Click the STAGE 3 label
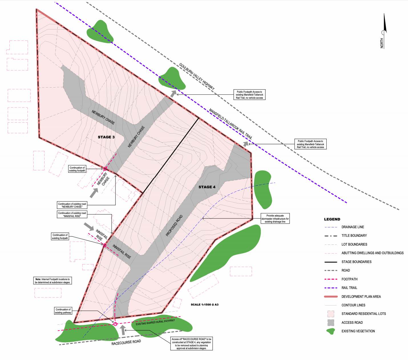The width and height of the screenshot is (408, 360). pos(106,137)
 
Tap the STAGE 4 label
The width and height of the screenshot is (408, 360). pos(207,187)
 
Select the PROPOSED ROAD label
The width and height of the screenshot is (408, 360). pos(174,225)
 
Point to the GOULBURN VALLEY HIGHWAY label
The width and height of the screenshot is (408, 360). pos(197,76)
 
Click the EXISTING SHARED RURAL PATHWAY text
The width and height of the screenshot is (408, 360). pos(155,322)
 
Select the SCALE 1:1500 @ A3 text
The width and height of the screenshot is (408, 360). pos(205,305)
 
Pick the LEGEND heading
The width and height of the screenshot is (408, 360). pos(332,219)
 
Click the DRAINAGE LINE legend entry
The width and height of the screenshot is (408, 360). pos(353,227)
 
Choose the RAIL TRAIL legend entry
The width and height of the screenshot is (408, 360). pos(349,288)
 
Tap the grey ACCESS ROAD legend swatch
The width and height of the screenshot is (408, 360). pos(331,323)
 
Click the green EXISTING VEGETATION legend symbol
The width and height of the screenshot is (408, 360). pos(331,331)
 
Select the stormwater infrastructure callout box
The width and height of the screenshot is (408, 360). pos(275,219)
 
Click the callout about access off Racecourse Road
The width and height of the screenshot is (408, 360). pos(191,343)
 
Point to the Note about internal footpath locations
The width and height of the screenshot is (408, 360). pos(52,281)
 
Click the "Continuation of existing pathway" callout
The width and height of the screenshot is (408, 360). pos(63,311)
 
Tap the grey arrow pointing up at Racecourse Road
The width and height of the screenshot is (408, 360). pos(123,330)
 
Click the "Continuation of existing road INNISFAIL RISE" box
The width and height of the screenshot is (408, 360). pos(72,215)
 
